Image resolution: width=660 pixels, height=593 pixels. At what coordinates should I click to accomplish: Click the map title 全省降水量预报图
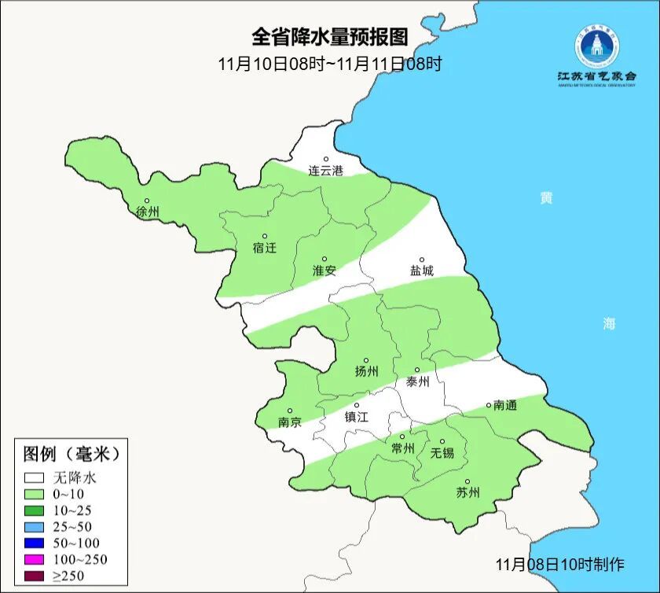330,37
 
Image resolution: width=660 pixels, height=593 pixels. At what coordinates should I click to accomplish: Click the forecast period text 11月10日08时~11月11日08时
330,64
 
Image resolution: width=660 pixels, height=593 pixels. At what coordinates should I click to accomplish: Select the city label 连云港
325,170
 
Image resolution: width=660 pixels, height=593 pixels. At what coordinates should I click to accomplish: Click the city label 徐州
147,212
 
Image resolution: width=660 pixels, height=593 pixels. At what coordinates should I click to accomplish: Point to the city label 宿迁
265,248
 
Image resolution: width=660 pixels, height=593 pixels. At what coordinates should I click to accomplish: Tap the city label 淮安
324,270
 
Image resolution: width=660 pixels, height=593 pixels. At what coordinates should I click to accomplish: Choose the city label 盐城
421,271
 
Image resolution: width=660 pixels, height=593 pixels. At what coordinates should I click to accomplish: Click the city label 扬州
366,371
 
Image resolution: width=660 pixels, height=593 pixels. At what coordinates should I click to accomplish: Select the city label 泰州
417,381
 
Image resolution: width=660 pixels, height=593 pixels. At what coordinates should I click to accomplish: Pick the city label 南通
504,405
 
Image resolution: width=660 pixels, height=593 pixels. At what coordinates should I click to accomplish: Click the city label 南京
289,422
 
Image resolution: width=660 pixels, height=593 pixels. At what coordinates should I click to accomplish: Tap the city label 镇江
356,417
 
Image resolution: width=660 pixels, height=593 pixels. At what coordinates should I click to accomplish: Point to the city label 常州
402,448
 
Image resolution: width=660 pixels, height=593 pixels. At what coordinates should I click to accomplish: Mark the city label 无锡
442,452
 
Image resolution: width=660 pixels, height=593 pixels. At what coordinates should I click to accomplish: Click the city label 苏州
467,493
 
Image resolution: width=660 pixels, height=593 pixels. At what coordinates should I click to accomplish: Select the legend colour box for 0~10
34,494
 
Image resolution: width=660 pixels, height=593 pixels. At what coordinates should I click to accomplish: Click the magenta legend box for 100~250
34,559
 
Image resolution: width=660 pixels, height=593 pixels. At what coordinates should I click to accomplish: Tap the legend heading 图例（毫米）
71,454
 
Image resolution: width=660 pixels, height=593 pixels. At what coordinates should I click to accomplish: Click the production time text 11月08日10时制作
559,564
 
